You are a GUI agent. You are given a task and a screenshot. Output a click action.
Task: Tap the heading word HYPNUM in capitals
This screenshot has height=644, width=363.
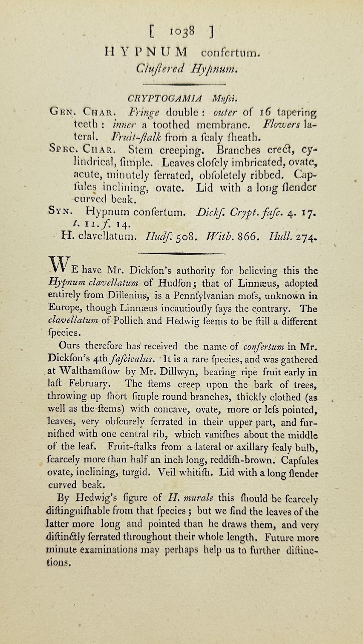[x=146, y=52]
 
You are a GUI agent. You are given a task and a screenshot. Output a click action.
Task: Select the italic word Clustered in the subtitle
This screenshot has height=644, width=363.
[x=160, y=69]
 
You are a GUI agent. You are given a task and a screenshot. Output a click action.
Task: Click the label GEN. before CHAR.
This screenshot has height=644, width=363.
[x=62, y=112]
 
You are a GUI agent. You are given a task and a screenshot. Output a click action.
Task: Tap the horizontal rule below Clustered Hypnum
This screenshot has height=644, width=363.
[x=181, y=85]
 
